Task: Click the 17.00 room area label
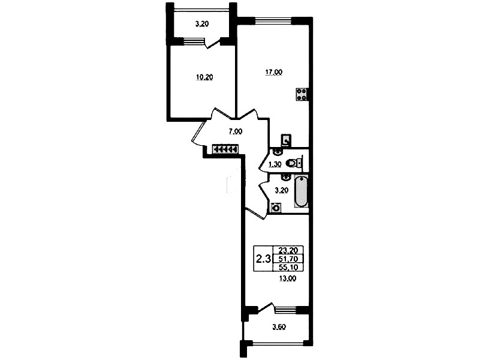[x=273, y=73]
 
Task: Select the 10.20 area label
[x=204, y=77]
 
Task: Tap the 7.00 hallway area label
[x=236, y=131]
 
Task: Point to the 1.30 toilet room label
[x=275, y=165]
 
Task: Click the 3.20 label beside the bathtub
[x=281, y=191]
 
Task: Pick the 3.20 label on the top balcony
[x=202, y=24]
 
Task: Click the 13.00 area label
[x=288, y=278]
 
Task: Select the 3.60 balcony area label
[x=279, y=327]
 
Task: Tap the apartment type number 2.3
[x=263, y=260]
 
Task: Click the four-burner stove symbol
[x=302, y=94]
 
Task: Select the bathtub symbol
[x=302, y=191]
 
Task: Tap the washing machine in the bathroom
[x=276, y=208]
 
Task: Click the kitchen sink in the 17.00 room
[x=286, y=140]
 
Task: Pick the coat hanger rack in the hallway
[x=225, y=149]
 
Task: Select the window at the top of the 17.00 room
[x=273, y=20]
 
